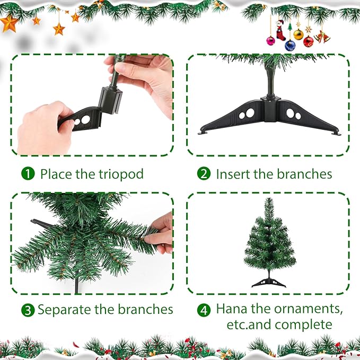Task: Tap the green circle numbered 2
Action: click(x=204, y=174)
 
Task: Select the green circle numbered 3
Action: click(x=28, y=310)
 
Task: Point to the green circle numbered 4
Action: click(x=204, y=309)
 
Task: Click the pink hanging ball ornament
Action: click(x=270, y=41)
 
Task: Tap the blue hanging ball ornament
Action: click(x=290, y=46)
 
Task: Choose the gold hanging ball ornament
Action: click(x=298, y=34)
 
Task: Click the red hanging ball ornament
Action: click(x=309, y=41)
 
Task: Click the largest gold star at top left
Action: click(x=8, y=23)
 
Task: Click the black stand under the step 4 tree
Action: click(x=269, y=279)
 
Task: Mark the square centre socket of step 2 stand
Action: click(x=271, y=111)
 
